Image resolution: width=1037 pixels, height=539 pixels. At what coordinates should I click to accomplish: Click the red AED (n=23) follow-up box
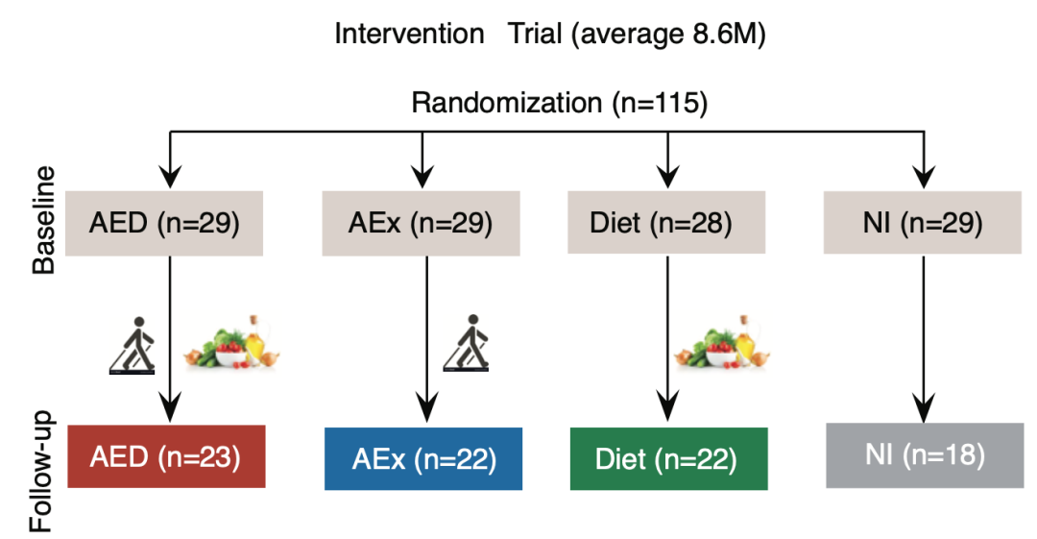point(166,456)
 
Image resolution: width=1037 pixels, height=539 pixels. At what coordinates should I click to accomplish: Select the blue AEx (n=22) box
point(423,459)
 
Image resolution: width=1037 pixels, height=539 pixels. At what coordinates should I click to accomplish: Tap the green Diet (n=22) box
point(668,459)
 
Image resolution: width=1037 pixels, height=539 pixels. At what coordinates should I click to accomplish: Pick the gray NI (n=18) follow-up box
point(925,455)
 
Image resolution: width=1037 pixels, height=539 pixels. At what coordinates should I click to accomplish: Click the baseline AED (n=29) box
point(164,223)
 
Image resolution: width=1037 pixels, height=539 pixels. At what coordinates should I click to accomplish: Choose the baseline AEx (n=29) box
point(421,223)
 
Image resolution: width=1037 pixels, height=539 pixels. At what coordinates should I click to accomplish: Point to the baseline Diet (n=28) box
point(666,223)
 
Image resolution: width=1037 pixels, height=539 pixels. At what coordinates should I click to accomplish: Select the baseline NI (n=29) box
point(922,223)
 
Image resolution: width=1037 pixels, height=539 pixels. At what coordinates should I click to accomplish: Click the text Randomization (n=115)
point(560,104)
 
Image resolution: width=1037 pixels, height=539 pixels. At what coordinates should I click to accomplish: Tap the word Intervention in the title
point(409,34)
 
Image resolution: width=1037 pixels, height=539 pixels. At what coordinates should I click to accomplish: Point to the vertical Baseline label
point(43,220)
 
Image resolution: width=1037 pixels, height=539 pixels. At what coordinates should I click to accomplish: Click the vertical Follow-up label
point(41,472)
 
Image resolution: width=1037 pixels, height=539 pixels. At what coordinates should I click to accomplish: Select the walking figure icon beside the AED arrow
point(133,345)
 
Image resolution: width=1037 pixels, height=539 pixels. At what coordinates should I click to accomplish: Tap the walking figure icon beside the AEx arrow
point(467,343)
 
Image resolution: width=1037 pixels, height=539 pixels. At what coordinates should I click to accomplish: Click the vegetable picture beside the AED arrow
point(232,342)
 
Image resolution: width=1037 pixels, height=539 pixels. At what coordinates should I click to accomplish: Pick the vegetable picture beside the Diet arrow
point(722,342)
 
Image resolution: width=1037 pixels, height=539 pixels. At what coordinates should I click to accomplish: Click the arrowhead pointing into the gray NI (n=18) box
point(924,408)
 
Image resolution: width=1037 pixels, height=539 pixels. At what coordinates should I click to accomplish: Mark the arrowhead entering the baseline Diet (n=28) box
point(668,177)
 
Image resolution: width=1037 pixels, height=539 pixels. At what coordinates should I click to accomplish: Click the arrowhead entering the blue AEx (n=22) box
point(427,408)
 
